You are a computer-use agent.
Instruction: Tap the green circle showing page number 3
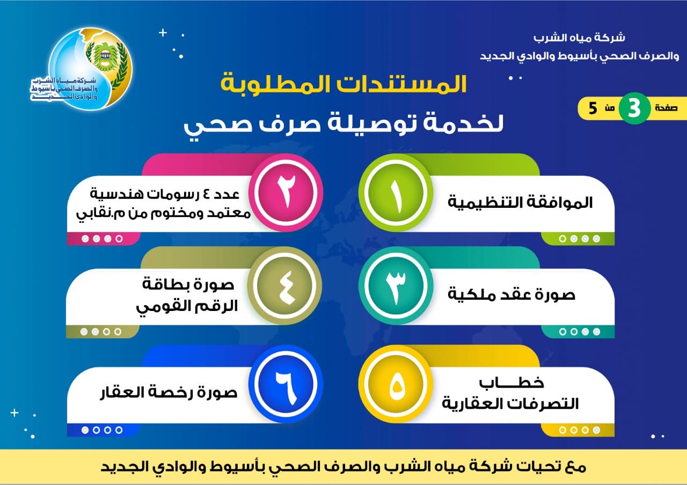click(634, 108)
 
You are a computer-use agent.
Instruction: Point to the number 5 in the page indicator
click(593, 108)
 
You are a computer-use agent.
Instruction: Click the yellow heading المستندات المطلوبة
click(344, 84)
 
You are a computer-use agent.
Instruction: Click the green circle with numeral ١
click(396, 193)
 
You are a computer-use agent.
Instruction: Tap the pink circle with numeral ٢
click(286, 193)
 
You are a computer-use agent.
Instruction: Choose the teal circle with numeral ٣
click(396, 286)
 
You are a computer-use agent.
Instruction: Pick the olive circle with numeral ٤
click(285, 286)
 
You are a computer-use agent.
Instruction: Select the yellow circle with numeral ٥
click(396, 384)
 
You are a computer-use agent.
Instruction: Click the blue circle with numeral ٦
click(286, 384)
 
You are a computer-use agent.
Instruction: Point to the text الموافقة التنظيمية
click(520, 202)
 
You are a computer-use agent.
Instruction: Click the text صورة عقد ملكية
click(511, 295)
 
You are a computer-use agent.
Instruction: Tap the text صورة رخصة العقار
click(169, 392)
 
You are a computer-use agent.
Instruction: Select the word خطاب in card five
click(511, 383)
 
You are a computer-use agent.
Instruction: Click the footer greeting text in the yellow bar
click(343, 467)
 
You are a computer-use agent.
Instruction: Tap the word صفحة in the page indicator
click(666, 108)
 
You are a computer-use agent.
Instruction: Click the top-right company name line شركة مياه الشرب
click(579, 38)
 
